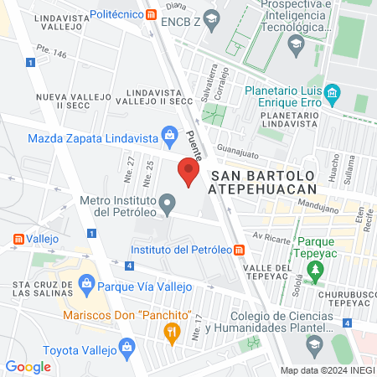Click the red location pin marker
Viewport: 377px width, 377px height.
[188, 173]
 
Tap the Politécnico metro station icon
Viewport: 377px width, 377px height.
[150, 14]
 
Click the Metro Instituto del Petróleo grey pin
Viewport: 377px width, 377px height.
[168, 203]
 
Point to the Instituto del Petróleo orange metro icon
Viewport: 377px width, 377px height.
[240, 250]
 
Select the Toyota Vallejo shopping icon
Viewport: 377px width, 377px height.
[127, 346]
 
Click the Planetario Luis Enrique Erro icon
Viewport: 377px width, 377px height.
[333, 91]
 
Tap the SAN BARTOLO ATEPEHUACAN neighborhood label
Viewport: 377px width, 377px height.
[264, 183]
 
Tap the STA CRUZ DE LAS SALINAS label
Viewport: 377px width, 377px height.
[37, 289]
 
